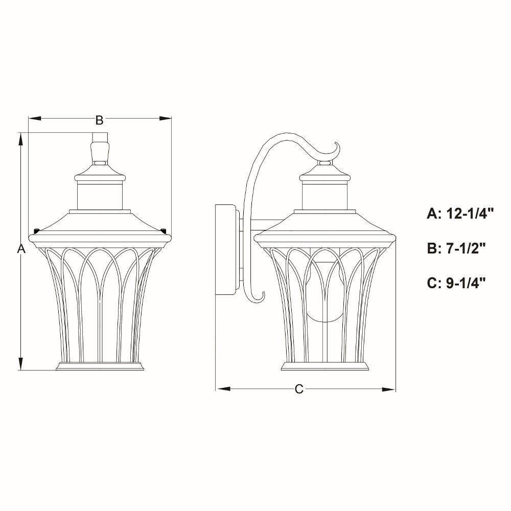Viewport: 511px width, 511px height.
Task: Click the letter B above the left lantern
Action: (x=100, y=120)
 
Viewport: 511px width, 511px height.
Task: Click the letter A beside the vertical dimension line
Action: (x=21, y=249)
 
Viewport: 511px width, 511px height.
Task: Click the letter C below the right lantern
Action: (x=299, y=389)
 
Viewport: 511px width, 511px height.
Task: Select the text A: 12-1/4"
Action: (x=460, y=214)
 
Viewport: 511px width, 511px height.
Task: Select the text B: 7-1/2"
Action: (x=456, y=248)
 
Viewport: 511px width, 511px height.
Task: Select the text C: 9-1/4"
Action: (x=456, y=283)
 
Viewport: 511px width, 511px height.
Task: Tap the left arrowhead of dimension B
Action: (x=35, y=118)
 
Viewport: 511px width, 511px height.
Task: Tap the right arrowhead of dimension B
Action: (x=165, y=118)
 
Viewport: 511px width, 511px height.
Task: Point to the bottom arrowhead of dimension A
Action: (x=21, y=364)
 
